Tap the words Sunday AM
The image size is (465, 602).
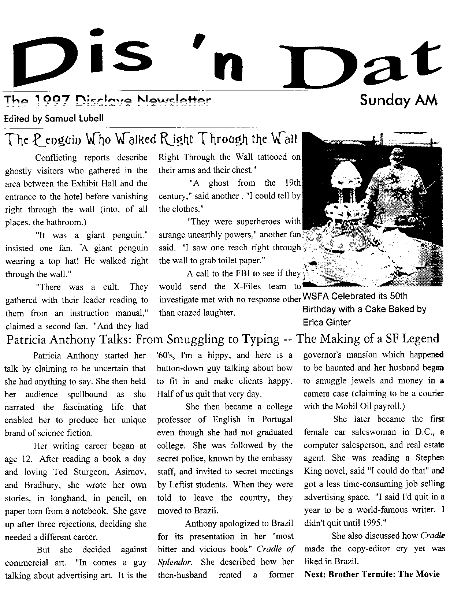pyautogui.click(x=398, y=100)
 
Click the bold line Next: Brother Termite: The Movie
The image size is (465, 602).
pyautogui.click(x=372, y=574)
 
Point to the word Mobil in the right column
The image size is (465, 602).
pyautogui.click(x=344, y=406)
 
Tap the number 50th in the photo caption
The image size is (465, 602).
pyautogui.click(x=394, y=296)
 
